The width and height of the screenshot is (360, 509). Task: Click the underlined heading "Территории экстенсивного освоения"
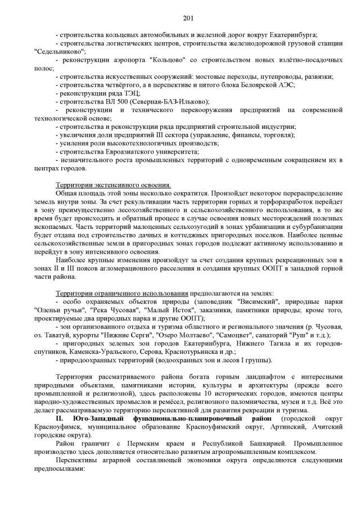coord(113,185)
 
